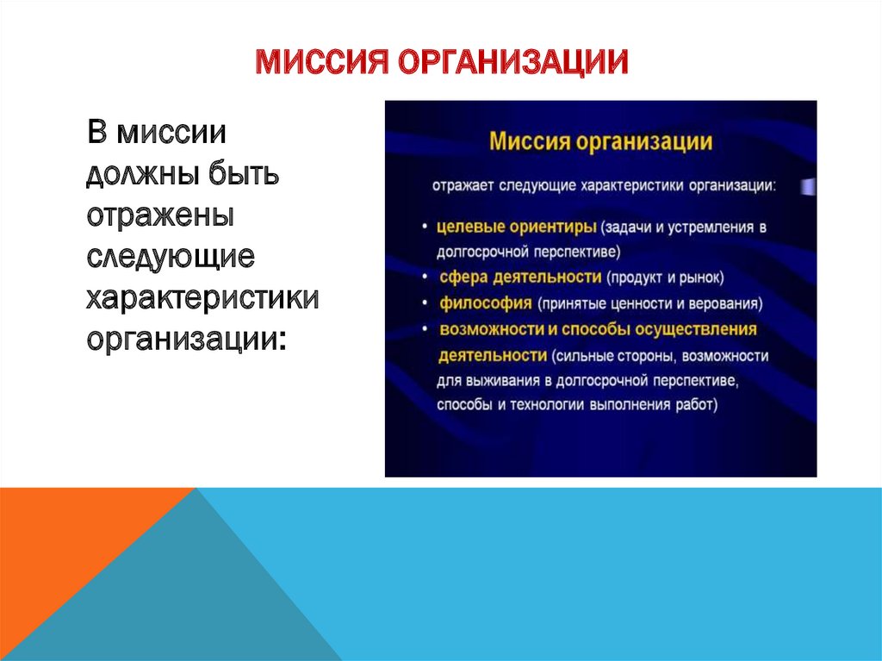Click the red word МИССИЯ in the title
pos(322,61)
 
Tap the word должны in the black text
pos(143,174)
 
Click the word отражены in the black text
pos(160,215)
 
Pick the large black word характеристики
pos(202,297)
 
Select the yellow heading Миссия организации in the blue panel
pos(600,141)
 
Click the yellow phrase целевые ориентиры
pos(517,227)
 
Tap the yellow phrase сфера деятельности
pos(520,277)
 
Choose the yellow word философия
pos(486,303)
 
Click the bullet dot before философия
pos(425,303)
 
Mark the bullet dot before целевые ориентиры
pos(425,227)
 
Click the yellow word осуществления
pos(696,329)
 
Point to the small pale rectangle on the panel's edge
pos(808,187)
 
